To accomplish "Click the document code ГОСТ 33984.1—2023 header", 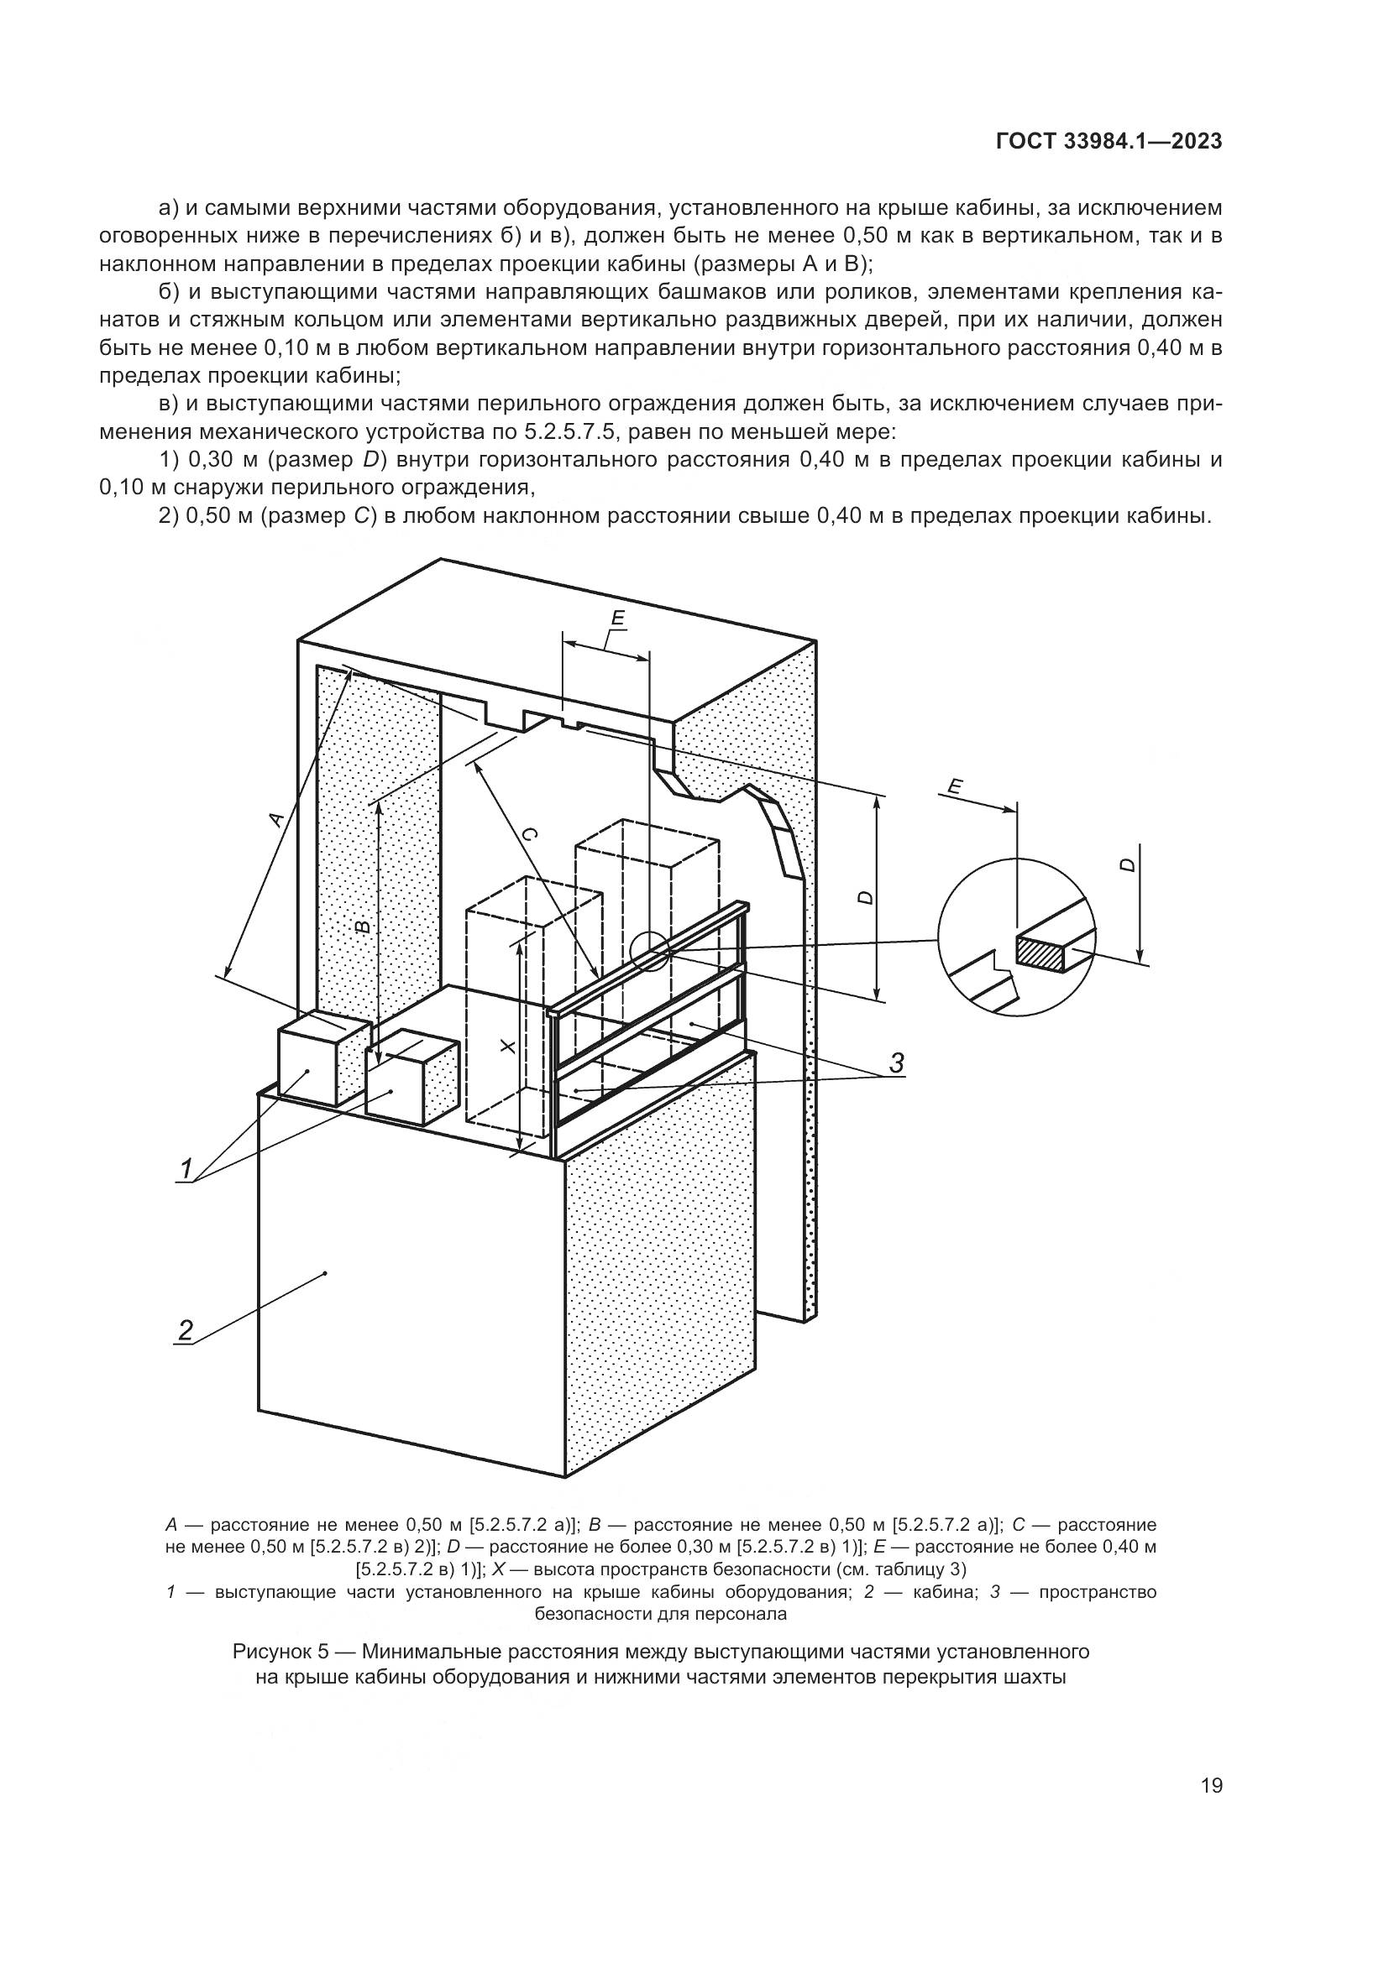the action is pyautogui.click(x=1109, y=143).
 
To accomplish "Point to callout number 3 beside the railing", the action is pyautogui.click(x=896, y=1062).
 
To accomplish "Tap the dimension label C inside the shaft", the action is pyautogui.click(x=529, y=835).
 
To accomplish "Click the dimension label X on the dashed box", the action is pyautogui.click(x=507, y=1047).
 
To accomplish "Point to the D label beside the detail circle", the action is pyautogui.click(x=1127, y=864).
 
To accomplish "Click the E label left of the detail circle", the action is pyautogui.click(x=957, y=786).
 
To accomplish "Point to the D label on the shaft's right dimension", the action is pyautogui.click(x=866, y=897).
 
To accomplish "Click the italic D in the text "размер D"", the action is pyautogui.click(x=370, y=460).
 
